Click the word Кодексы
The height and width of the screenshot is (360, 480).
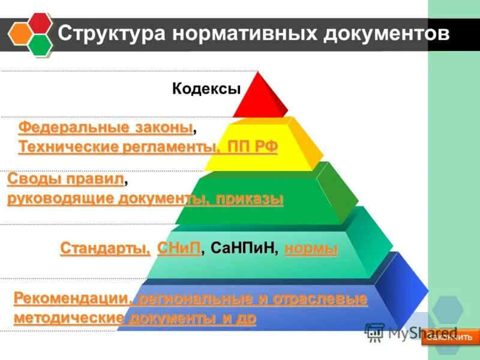(206, 89)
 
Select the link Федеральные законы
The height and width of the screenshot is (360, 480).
(106, 128)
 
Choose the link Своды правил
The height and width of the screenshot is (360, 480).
(65, 179)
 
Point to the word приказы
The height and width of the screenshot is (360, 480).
(250, 199)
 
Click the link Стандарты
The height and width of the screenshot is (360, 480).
(105, 248)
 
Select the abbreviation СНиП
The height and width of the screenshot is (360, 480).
(178, 248)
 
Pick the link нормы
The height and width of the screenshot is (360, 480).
(311, 248)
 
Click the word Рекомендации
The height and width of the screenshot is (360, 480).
(70, 298)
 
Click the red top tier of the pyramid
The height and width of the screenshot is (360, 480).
(259, 99)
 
